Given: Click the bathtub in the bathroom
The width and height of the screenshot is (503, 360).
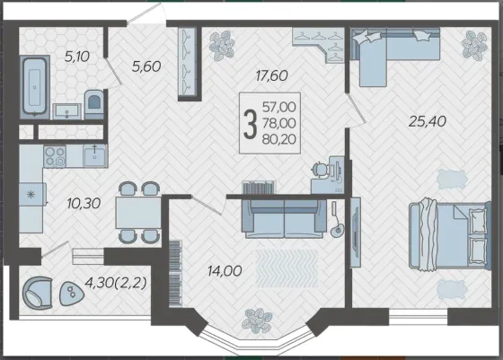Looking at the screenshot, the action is (35, 87).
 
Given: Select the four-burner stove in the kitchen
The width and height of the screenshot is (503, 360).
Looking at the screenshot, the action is (55, 156).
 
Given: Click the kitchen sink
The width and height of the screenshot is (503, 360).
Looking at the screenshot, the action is (94, 155).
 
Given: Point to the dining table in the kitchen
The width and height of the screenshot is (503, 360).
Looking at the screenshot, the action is (138, 212).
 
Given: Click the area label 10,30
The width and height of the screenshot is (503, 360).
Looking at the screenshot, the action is (84, 203).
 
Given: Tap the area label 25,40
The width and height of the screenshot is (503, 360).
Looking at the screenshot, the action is (428, 121).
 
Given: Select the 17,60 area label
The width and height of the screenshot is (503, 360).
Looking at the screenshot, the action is (271, 76).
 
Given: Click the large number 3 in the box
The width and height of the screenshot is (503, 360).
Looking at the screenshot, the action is (251, 123).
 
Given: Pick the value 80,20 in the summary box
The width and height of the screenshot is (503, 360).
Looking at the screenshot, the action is (278, 139).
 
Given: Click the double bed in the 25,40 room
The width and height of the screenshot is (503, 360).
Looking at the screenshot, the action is (450, 235).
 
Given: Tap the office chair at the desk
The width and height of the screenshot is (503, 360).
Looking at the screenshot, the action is (321, 169).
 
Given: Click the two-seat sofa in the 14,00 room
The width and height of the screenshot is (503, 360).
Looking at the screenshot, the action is (284, 219).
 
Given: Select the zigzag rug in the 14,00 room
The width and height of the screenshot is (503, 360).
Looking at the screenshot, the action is (287, 268).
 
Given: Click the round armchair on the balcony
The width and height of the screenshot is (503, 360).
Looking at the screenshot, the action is (37, 293).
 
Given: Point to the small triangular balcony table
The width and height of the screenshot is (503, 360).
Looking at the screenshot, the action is (71, 293).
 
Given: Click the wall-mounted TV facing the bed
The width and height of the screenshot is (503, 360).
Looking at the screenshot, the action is (355, 233).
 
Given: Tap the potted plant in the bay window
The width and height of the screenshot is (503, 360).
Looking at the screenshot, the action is (257, 320).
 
